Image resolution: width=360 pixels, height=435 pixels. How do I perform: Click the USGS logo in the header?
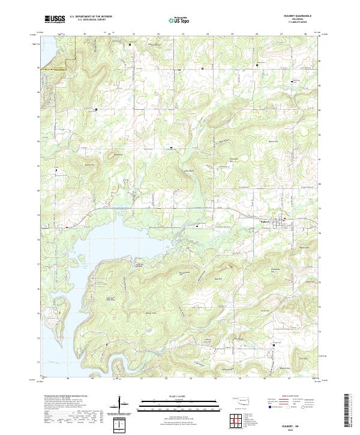click(54, 19)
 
